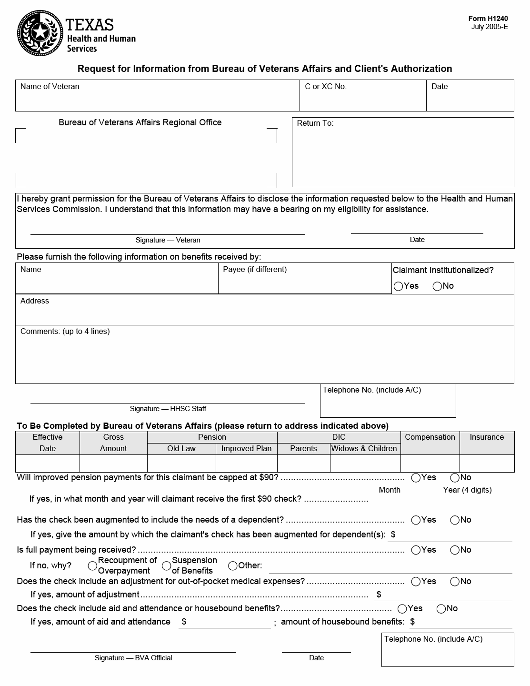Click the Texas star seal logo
pyautogui.click(x=40, y=33)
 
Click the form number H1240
pyautogui.click(x=488, y=19)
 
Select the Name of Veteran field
pyautogui.click(x=157, y=99)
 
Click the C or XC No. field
pyautogui.click(x=362, y=99)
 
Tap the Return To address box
pyautogui.click(x=402, y=155)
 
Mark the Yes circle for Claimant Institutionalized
pyautogui.click(x=399, y=286)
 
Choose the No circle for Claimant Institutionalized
pyautogui.click(x=437, y=286)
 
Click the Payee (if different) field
pyautogui.click(x=304, y=282)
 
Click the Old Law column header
pyautogui.click(x=181, y=449)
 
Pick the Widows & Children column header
pyautogui.click(x=364, y=449)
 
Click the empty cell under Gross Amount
pyautogui.click(x=113, y=464)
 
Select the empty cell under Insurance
pyautogui.click(x=487, y=464)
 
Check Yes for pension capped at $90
pyautogui.click(x=416, y=478)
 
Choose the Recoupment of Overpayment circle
pyautogui.click(x=92, y=566)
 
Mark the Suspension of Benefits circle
pyautogui.click(x=166, y=566)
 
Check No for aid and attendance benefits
pyautogui.click(x=441, y=609)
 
